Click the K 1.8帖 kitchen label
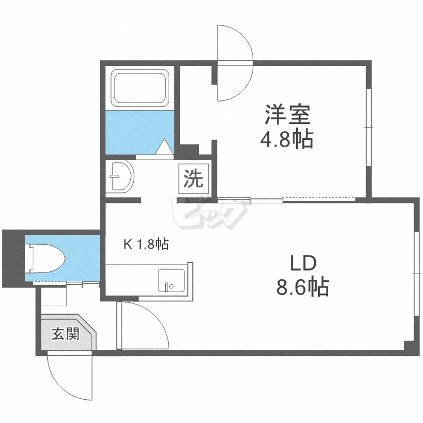146,244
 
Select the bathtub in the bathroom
140,87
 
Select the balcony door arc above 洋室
233,62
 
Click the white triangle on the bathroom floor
164,147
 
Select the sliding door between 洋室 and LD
302,199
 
